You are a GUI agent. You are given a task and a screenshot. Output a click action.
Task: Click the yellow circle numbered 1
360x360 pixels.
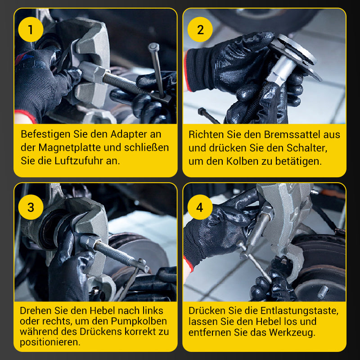31,29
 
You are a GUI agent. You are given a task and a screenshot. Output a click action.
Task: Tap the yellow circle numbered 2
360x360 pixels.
200,29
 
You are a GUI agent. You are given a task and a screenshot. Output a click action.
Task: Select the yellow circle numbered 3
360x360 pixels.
31,207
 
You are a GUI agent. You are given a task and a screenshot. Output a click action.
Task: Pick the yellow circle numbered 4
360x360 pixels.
200,207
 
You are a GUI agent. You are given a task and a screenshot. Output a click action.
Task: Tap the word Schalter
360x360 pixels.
307,148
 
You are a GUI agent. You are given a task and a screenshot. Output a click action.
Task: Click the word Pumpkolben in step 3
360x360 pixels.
139,321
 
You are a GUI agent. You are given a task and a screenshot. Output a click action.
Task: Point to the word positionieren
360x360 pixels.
50,342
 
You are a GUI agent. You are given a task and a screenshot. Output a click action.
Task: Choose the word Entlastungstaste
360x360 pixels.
299,311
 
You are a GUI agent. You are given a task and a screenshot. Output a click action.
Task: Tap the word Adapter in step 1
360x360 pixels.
129,135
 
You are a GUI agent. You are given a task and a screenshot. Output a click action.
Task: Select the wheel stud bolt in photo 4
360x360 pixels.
323,292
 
